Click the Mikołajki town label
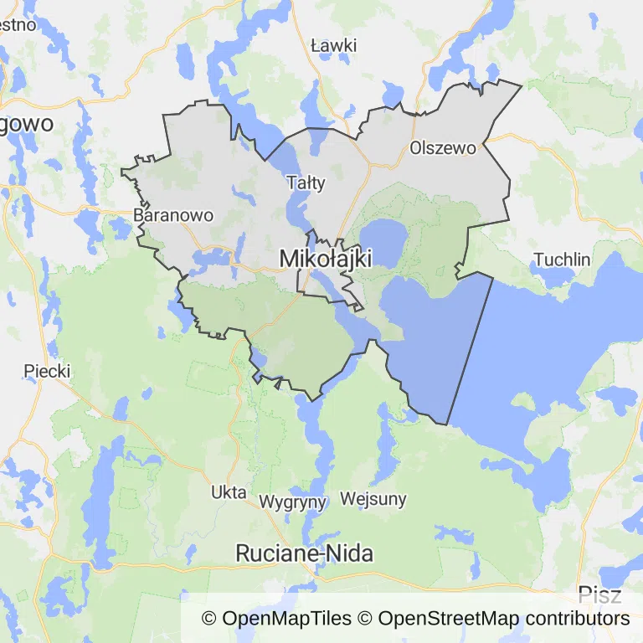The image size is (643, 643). click(x=325, y=259)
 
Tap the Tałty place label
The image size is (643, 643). click(x=306, y=183)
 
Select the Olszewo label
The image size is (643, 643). click(x=443, y=148)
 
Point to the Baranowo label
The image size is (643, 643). click(x=173, y=215)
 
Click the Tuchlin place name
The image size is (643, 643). click(x=562, y=260)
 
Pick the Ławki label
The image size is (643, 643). click(x=333, y=45)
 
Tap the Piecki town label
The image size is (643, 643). click(x=48, y=370)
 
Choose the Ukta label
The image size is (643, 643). click(x=229, y=491)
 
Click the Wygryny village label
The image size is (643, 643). click(x=292, y=502)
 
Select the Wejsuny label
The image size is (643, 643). click(x=373, y=500)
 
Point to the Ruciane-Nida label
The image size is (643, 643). click(x=305, y=553)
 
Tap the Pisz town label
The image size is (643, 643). click(x=599, y=596)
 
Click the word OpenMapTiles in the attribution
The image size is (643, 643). click(x=286, y=619)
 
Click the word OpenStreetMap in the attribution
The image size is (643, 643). click(x=448, y=619)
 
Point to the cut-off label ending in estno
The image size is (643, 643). click(x=18, y=23)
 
